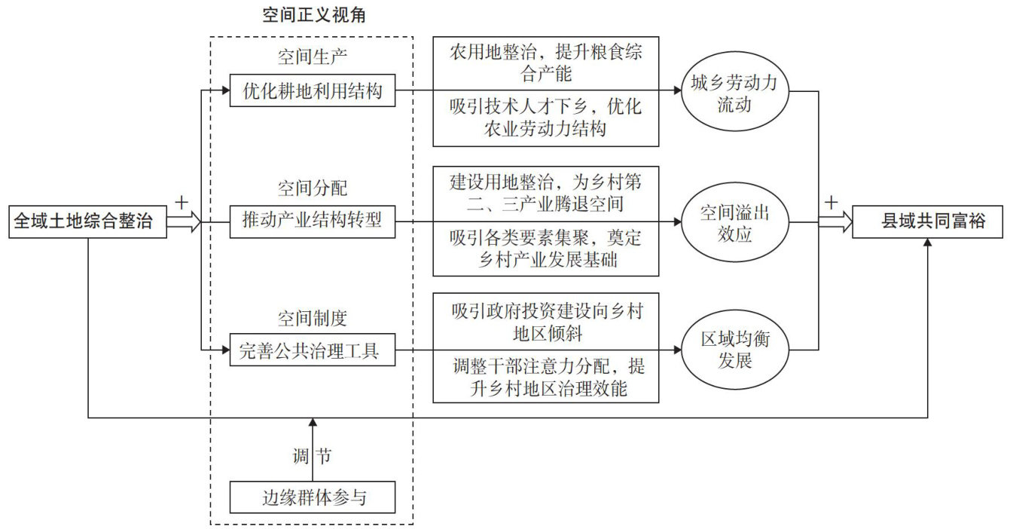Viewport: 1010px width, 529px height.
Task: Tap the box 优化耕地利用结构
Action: [x=312, y=92]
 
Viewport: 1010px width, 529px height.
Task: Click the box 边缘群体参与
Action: [x=312, y=497]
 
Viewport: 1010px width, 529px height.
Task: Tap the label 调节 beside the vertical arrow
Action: [x=311, y=456]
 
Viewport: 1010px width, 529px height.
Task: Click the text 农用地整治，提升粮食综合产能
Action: [x=546, y=63]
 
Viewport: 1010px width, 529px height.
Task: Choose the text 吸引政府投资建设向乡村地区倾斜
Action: [x=546, y=320]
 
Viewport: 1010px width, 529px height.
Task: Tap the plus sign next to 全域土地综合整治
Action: [x=181, y=202]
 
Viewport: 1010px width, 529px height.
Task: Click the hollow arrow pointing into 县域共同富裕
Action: [x=835, y=222]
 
